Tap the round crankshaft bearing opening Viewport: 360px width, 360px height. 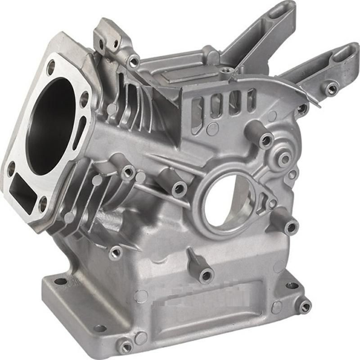[x=227, y=200]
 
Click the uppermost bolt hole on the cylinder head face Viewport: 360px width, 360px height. [x=51, y=67]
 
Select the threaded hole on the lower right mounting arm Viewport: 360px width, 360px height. [x=331, y=89]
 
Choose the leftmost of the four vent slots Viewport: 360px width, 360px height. [x=197, y=108]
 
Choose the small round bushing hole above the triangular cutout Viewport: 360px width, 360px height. [x=284, y=158]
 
